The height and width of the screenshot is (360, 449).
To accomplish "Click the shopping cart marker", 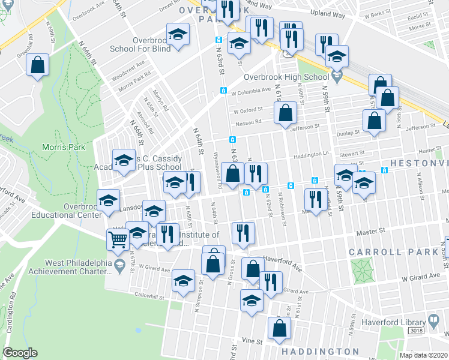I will [x=118, y=240].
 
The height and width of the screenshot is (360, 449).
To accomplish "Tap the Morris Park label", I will [x=63, y=147].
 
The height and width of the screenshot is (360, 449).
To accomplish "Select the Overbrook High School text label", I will [x=286, y=77].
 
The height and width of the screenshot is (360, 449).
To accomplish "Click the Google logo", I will [x=20, y=353].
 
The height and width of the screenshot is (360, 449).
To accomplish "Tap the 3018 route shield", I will [x=415, y=331].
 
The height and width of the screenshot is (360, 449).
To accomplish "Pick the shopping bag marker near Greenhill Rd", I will [x=37, y=67].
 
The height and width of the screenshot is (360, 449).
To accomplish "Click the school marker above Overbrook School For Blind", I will [x=178, y=35].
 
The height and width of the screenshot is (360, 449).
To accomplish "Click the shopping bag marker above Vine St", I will [x=279, y=328].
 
